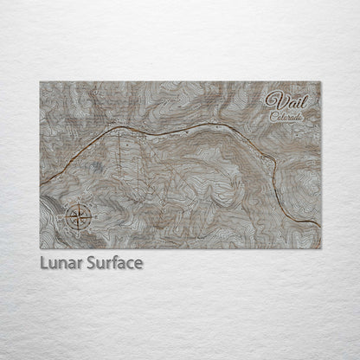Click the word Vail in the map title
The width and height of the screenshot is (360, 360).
click(286, 100)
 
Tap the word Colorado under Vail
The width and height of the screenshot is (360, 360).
click(286, 115)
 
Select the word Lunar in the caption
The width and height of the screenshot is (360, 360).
click(60, 260)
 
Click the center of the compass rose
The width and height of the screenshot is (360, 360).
click(77, 214)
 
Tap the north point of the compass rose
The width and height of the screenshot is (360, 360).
click(77, 202)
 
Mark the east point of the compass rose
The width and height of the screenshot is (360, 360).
click(89, 214)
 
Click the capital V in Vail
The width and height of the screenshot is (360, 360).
click(274, 100)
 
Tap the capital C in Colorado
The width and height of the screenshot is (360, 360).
click(272, 115)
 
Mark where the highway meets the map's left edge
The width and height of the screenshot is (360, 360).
click(41, 181)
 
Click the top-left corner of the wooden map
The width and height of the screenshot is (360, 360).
click(40, 82)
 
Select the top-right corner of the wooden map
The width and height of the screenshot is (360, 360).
click(320, 82)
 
